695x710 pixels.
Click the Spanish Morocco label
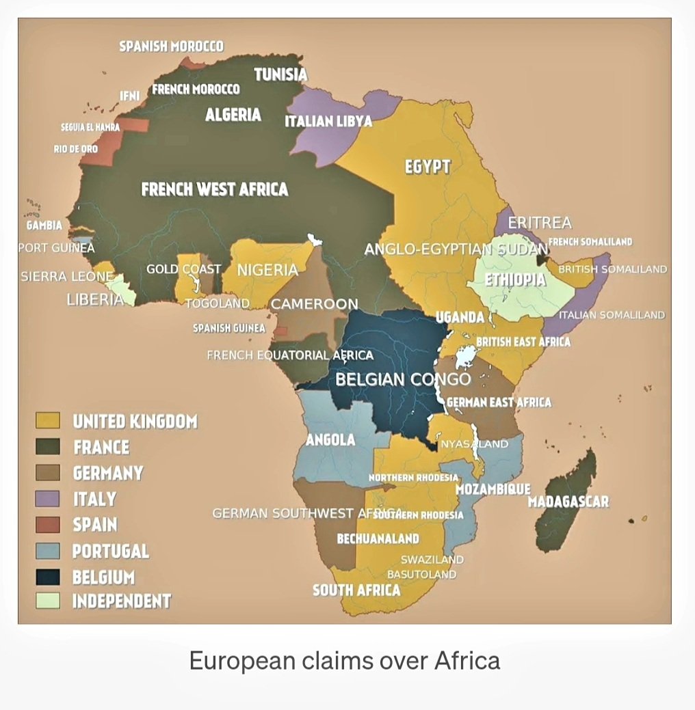171,46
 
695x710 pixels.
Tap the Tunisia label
280,75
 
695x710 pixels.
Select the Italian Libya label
328,121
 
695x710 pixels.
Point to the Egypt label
428,166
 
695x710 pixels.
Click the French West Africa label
214,189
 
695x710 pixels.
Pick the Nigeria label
267,270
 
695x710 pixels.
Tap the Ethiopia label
515,279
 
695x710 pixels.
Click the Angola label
330,440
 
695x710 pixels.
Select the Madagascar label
568,502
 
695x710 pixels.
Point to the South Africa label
356,590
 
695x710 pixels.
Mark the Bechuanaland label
378,539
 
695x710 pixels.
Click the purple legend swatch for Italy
47,499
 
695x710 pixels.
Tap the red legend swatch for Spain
47,525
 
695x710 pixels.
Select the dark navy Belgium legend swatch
47,577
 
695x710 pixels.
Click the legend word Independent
121,601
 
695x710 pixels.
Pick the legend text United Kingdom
135,421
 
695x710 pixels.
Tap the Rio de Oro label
75,149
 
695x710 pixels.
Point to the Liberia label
94,299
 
